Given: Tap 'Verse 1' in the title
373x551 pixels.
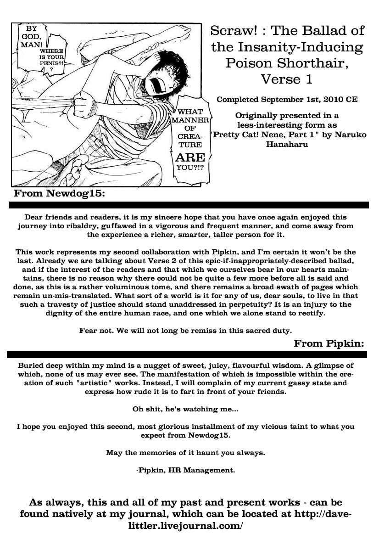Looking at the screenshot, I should (287, 79).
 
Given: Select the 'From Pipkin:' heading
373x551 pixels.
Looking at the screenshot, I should (329, 343).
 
